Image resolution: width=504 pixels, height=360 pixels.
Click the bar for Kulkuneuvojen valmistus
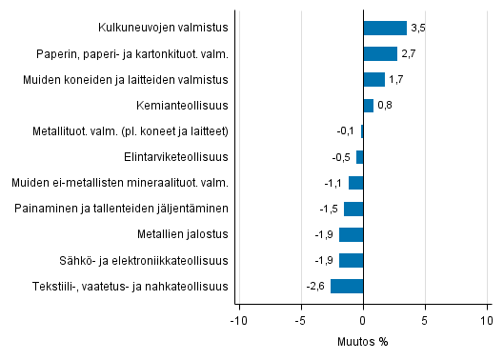click(385, 29)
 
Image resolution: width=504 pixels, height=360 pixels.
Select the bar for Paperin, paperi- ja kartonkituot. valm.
click(380, 54)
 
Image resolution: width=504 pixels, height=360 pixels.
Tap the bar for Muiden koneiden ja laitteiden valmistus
click(373, 80)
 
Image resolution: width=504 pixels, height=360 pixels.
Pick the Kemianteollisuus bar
click(368, 106)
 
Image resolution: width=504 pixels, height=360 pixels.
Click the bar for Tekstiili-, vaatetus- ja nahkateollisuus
click(347, 286)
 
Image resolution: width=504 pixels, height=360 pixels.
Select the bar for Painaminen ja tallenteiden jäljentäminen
click(353, 209)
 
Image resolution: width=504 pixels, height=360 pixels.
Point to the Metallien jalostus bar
click(351, 234)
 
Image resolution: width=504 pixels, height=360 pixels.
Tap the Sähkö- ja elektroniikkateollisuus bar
click(351, 260)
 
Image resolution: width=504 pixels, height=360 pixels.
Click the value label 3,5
click(417, 29)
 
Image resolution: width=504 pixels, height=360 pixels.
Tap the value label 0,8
click(384, 106)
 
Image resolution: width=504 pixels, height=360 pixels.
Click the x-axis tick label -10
click(238, 320)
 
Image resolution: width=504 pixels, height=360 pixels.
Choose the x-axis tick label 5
click(425, 320)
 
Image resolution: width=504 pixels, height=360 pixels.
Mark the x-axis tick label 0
click(363, 320)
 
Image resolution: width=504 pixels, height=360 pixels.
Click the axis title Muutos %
click(363, 341)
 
